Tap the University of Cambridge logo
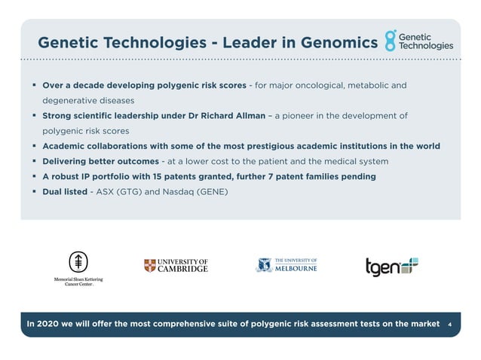pos(176,265)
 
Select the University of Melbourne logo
pos(286,265)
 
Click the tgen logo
pos(391,267)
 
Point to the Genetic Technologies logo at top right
pos(419,41)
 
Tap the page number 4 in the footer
pos(449,324)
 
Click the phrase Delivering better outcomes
pos(100,161)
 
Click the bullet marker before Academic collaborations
pos(35,146)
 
